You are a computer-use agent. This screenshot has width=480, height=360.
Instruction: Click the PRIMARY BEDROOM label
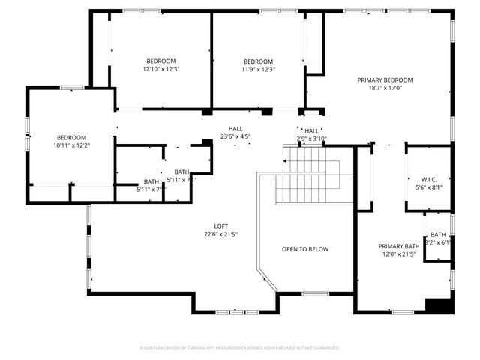385,79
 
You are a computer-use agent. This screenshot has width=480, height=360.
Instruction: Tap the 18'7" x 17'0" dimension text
385,88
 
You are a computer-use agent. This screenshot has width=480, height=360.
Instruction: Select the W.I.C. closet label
429,179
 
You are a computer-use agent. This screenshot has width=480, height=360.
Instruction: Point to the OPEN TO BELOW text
305,249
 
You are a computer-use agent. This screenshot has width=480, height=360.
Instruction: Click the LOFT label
221,226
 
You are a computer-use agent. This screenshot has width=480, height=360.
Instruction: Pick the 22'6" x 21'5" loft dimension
221,234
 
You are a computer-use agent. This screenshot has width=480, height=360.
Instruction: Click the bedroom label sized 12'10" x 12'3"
160,61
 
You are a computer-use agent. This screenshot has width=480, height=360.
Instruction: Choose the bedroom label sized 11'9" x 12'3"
258,61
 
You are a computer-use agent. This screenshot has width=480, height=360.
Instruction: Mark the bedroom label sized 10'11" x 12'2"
71,137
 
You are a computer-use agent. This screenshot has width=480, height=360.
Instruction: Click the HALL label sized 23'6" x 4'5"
235,129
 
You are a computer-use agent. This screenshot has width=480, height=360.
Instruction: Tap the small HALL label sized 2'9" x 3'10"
312,130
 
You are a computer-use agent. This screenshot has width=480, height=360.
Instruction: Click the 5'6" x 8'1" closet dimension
429,187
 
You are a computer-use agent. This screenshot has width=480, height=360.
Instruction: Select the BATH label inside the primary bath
438,234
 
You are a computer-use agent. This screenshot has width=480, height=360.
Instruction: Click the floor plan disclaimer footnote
240,347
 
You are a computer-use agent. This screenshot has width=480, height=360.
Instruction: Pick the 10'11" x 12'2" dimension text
71,145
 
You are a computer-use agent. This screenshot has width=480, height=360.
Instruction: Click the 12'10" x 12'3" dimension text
160,69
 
